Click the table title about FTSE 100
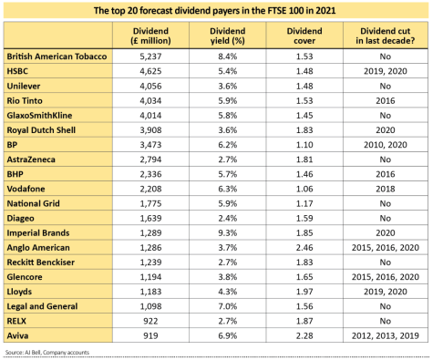point(214,11)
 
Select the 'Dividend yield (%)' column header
point(227,36)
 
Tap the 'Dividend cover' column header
point(304,36)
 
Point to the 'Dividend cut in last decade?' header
point(386,36)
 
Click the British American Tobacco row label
point(57,57)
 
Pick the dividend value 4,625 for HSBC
point(150,71)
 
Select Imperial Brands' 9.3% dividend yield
point(228,233)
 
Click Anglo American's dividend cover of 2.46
point(304,248)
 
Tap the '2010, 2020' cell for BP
point(386,145)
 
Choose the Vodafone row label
point(26,189)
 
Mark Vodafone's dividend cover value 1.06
point(304,189)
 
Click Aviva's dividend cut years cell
point(386,335)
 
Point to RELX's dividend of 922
point(150,321)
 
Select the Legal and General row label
point(42,306)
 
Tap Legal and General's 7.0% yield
point(228,306)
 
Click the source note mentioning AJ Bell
point(47,353)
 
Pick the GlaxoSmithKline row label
point(39,116)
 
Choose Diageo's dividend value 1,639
point(150,218)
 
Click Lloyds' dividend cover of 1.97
point(304,292)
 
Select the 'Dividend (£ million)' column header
point(150,36)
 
